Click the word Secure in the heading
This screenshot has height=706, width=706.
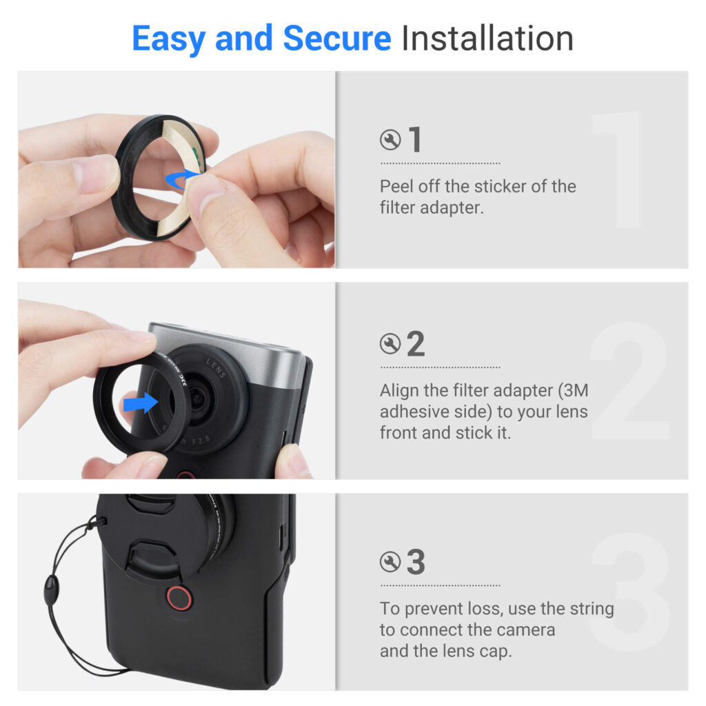(x=336, y=39)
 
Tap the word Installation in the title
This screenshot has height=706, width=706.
(x=487, y=39)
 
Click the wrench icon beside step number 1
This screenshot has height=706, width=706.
(x=390, y=139)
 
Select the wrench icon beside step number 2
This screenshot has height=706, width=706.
(x=390, y=344)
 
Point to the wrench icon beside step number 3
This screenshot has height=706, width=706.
(x=390, y=562)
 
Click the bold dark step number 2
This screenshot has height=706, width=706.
(x=416, y=343)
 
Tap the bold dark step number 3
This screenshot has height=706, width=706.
(x=416, y=561)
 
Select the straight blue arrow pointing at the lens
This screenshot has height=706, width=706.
(x=141, y=402)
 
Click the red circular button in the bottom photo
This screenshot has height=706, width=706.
(x=179, y=598)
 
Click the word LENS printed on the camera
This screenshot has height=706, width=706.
(x=216, y=368)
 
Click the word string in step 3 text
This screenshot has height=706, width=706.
(x=592, y=609)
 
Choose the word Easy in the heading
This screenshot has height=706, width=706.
(x=168, y=39)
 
